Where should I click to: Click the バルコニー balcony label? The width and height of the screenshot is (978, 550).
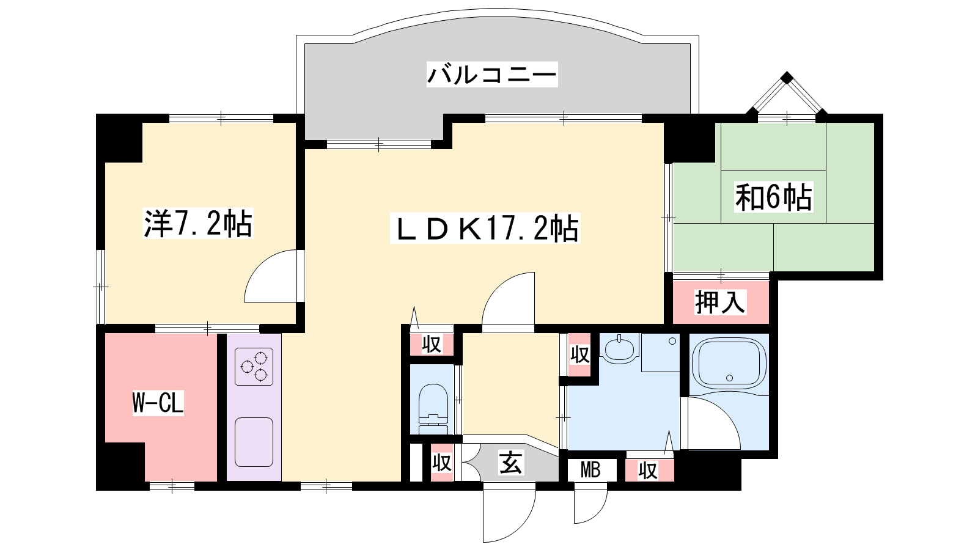[x=492, y=74]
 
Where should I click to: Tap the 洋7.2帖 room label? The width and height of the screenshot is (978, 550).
[x=198, y=224]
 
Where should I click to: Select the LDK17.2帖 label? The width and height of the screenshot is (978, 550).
[x=485, y=227]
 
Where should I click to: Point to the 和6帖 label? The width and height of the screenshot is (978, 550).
[x=773, y=197]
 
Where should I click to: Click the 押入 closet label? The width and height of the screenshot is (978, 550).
[x=719, y=302]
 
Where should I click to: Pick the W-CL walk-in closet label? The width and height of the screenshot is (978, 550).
[x=158, y=403]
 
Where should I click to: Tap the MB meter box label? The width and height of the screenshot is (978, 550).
[x=590, y=470]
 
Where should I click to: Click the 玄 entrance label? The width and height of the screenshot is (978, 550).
[x=510, y=462]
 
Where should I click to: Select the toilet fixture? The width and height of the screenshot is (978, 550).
[x=433, y=409]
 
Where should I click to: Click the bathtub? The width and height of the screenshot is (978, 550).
[x=728, y=363]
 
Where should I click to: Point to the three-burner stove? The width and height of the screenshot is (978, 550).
[x=254, y=367]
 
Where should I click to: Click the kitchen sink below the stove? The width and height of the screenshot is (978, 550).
[x=254, y=442]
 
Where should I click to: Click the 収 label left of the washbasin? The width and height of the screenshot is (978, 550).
[x=580, y=354]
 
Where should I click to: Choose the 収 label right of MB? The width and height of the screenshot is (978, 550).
[x=648, y=471]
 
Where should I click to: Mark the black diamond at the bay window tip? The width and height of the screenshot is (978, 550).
[x=787, y=78]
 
